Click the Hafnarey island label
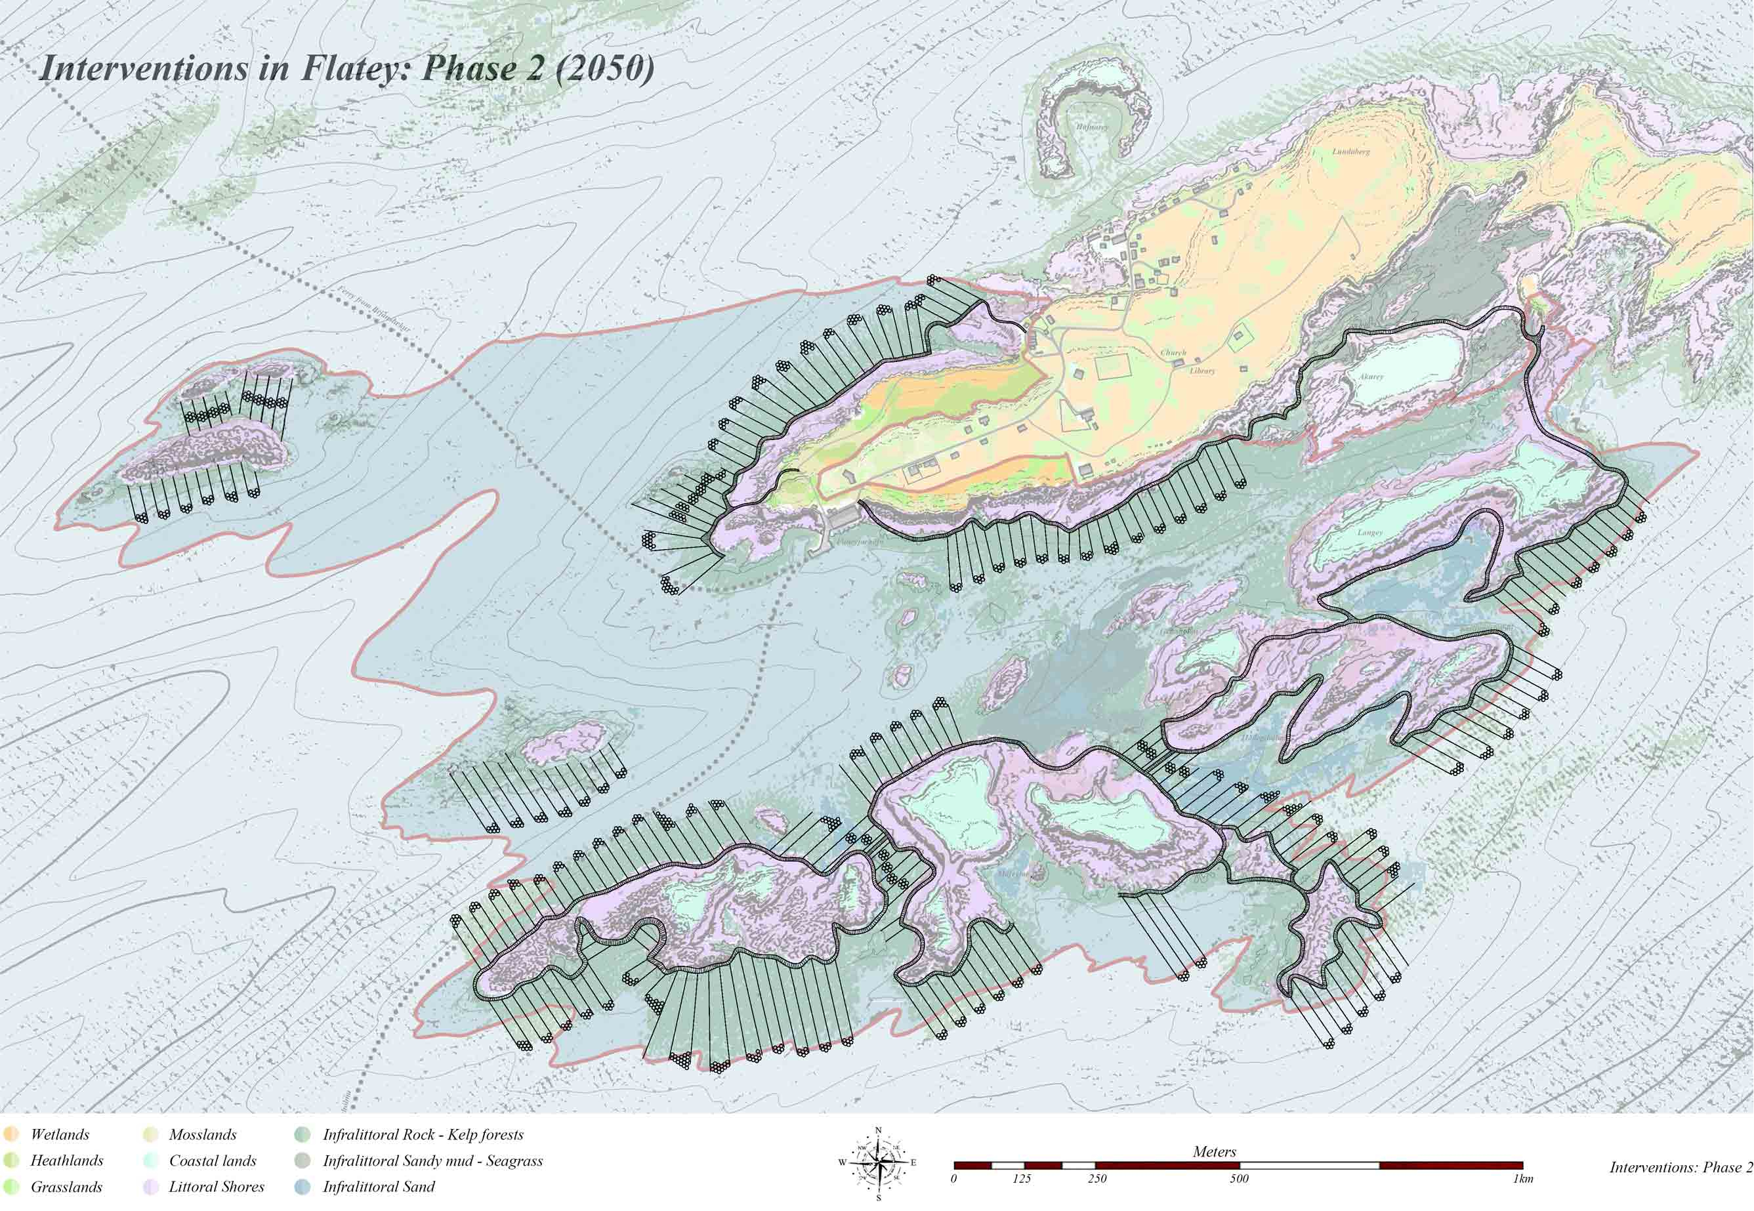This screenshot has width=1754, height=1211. pyautogui.click(x=1091, y=127)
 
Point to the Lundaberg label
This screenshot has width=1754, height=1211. pyautogui.click(x=1351, y=151)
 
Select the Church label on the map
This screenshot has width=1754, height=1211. pyautogui.click(x=1173, y=353)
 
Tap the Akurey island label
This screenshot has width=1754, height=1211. pyautogui.click(x=1371, y=377)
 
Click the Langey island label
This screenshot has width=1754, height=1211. pyautogui.click(x=1370, y=532)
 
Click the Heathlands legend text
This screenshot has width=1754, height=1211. pyautogui.click(x=67, y=1160)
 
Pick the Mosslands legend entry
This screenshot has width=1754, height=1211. pyautogui.click(x=202, y=1134)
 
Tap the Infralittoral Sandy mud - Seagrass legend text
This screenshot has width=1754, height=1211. pyautogui.click(x=432, y=1160)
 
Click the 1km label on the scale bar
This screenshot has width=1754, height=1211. pyautogui.click(x=1522, y=1178)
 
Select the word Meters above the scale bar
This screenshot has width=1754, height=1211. pyautogui.click(x=1215, y=1151)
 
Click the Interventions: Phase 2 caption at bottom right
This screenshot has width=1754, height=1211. pyautogui.click(x=1681, y=1166)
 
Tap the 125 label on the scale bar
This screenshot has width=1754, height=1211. pyautogui.click(x=1022, y=1178)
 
